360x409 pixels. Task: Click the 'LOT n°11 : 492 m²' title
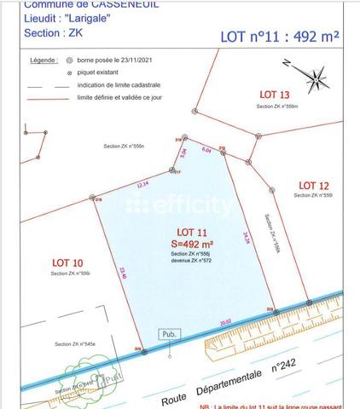280,37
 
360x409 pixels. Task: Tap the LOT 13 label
274,95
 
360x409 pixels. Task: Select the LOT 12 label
312,185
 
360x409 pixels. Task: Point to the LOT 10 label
67,262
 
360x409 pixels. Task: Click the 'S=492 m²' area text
191,243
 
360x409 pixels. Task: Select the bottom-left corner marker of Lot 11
143,351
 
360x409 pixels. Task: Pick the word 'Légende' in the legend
43,61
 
